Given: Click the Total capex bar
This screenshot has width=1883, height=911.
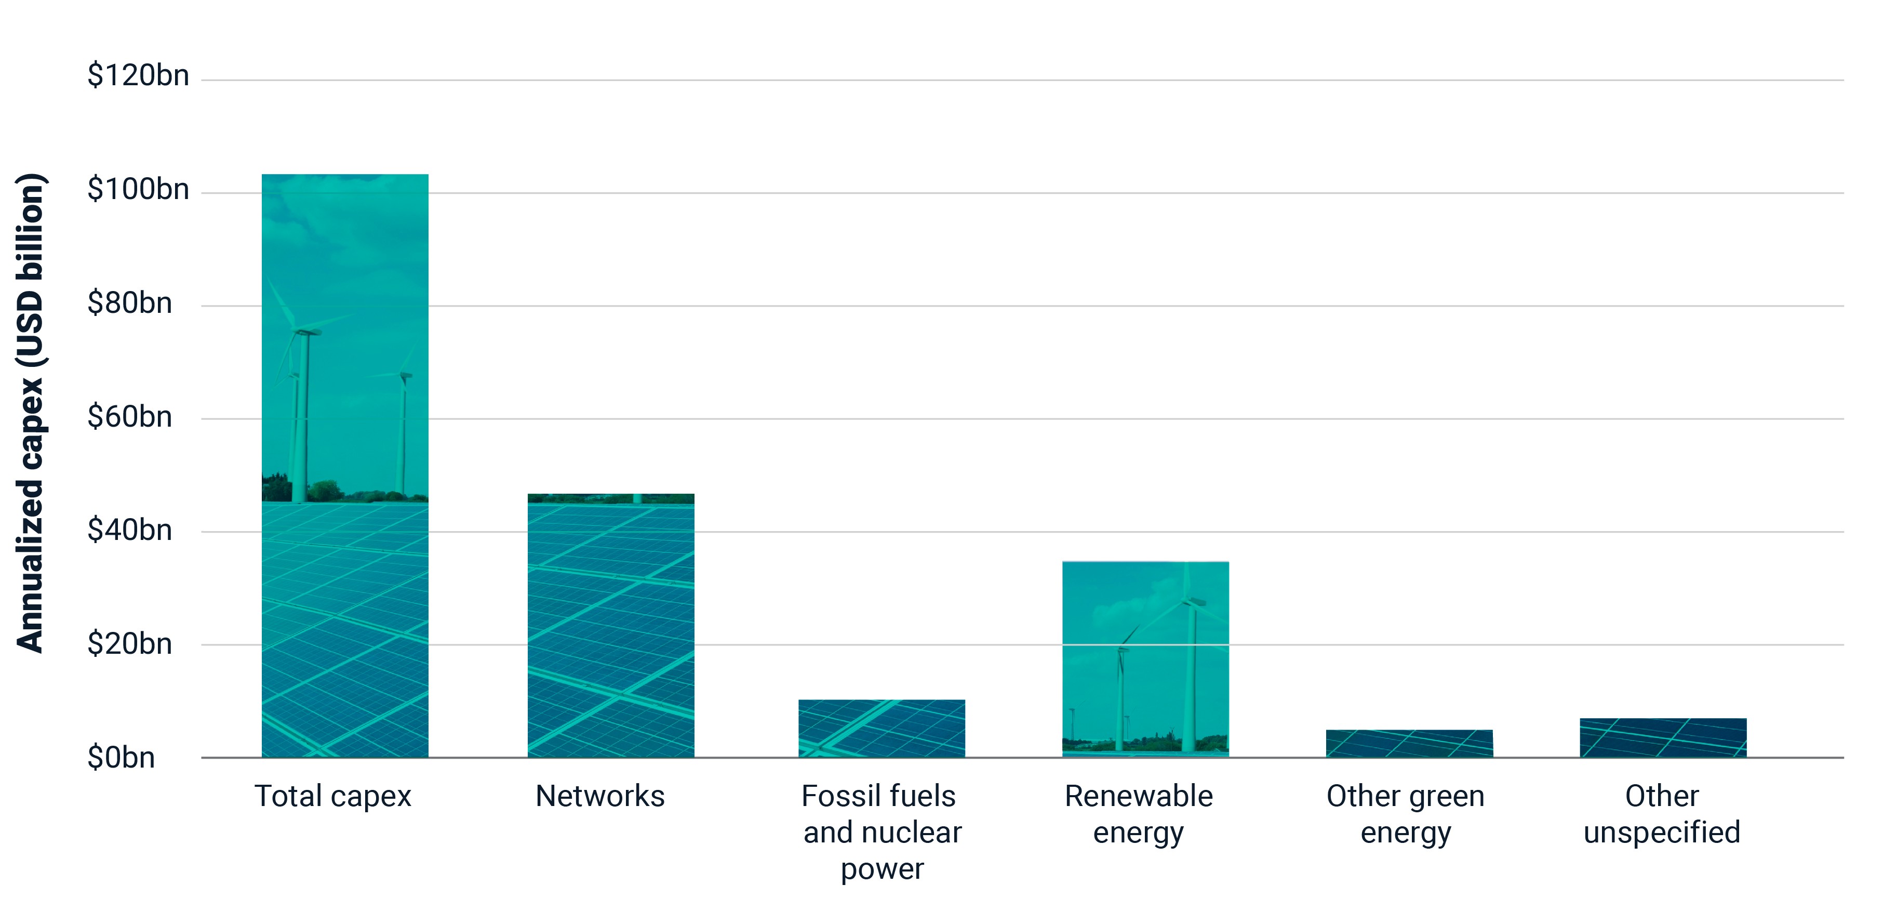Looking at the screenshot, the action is [x=345, y=466].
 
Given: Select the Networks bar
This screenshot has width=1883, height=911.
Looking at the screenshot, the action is [x=611, y=625].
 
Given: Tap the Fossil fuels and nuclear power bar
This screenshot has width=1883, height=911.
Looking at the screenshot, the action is [x=882, y=728].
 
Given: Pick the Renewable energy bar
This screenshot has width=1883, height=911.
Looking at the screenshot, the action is [x=1145, y=659].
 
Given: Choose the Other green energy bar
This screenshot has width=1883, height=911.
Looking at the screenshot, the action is [x=1409, y=744].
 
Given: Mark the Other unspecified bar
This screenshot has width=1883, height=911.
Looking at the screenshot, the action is [x=1663, y=738].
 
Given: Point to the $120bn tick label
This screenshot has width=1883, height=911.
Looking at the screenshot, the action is [x=138, y=75].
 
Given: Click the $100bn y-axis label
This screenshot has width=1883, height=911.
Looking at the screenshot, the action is [x=138, y=189].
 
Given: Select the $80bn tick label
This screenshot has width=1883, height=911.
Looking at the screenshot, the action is [x=129, y=302].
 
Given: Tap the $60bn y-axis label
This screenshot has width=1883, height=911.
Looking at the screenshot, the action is [x=129, y=417].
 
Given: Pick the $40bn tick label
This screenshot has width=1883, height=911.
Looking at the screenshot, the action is [x=129, y=530].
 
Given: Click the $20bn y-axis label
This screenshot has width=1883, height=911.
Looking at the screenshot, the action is [x=129, y=644].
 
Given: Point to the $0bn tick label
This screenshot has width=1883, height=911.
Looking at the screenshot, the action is [x=121, y=758].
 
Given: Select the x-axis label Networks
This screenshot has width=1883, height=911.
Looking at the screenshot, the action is [x=600, y=796].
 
